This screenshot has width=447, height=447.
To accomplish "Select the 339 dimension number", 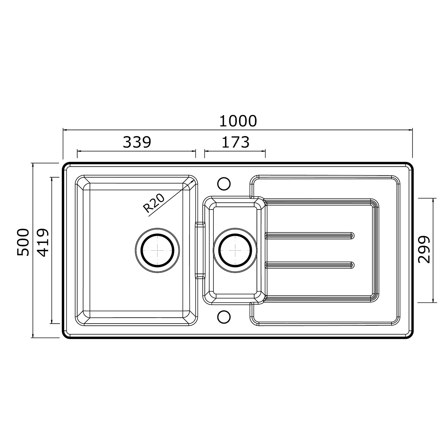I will (137, 142).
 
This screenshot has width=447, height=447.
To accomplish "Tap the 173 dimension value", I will (235, 142).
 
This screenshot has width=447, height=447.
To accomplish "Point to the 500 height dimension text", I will (23, 242).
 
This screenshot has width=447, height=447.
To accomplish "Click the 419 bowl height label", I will (43, 242).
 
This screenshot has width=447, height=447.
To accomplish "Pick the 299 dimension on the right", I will (424, 250).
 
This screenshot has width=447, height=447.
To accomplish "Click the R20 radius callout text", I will (154, 203).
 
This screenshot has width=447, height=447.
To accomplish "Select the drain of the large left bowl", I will (157, 250).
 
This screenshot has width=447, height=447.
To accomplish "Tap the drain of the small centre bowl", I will (235, 250).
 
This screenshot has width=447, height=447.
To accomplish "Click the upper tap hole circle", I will (224, 184).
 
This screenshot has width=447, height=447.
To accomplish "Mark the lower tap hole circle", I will (224, 316).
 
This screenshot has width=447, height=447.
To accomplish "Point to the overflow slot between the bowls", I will (200, 250).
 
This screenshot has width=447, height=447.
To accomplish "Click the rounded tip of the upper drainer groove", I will (353, 235).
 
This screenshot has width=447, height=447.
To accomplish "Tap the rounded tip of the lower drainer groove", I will (353, 264).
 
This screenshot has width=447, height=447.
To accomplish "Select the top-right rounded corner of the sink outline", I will (409, 167).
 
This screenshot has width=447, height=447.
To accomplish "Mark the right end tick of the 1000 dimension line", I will (412, 130).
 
